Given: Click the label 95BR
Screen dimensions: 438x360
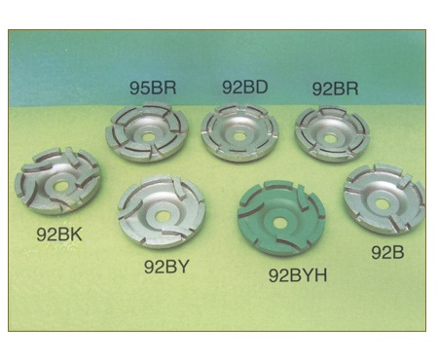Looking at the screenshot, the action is (153, 88).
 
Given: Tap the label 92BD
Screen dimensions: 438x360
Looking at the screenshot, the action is (245, 87).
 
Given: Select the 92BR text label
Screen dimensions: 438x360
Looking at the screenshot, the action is (335, 89).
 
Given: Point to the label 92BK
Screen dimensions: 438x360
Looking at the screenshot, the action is (59, 234).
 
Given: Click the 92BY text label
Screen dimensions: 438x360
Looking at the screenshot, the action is (166, 267).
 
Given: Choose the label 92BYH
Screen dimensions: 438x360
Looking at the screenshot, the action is (298, 275).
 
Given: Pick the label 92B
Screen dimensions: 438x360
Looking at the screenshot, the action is (387, 252).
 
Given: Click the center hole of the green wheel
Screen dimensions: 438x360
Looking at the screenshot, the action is (278, 223).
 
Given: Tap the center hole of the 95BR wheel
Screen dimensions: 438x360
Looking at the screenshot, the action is (148, 137).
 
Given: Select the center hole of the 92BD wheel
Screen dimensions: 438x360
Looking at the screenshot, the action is (239, 136).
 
